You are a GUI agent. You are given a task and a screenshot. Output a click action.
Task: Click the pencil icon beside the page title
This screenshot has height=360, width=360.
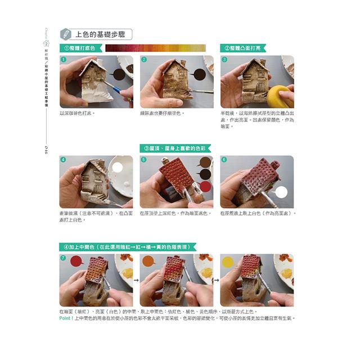66,34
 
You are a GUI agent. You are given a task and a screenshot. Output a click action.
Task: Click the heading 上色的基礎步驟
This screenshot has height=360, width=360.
101,34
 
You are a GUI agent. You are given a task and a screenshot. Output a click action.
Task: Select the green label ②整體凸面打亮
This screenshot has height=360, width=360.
244,48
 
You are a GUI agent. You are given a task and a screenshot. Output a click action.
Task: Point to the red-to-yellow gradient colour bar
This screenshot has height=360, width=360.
155,48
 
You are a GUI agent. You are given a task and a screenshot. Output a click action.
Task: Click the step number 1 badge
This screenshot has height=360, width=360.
64,60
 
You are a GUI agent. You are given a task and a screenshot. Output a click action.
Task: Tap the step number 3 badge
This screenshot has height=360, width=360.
224,60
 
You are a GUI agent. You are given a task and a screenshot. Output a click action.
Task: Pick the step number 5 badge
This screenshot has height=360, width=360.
144,160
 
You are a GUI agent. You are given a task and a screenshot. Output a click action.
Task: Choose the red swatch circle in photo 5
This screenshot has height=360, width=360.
206,186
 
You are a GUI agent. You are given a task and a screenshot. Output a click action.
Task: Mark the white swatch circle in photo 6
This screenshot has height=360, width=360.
281,192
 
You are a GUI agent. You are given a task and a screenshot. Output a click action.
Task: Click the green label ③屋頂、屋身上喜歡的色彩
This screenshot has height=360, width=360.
175,148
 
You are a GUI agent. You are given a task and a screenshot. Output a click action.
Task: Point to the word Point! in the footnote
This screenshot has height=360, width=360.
67,318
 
